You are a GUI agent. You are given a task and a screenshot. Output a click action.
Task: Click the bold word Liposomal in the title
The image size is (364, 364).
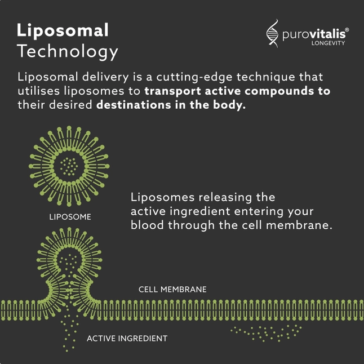click(63, 31)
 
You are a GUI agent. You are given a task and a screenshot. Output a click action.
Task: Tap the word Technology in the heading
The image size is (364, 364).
click(68, 51)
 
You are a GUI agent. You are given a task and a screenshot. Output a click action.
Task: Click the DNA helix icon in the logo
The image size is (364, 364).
click(272, 33)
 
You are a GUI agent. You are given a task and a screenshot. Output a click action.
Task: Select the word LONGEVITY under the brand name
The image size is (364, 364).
click(328, 43)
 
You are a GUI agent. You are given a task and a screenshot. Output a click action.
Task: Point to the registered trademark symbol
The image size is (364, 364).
click(347, 30)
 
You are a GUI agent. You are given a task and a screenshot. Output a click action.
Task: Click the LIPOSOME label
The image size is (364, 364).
click(70, 217)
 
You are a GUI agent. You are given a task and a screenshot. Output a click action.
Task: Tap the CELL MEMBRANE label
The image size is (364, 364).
click(172, 290)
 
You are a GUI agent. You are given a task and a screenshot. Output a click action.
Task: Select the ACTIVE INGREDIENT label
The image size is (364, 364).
click(127, 339)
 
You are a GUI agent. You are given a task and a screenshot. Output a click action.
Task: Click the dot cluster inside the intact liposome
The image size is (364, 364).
click(69, 166)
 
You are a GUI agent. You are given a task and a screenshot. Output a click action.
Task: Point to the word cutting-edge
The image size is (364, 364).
click(194, 77)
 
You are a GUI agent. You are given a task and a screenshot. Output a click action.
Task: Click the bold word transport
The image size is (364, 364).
click(173, 91)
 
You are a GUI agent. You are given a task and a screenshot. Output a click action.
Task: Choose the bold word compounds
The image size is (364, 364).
click(279, 91)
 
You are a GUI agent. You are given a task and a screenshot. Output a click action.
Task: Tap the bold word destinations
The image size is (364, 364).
click(134, 105)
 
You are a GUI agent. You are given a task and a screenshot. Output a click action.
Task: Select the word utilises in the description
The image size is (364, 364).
click(39, 91)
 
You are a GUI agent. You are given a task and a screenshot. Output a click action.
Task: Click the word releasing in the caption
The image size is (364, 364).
click(225, 198)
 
